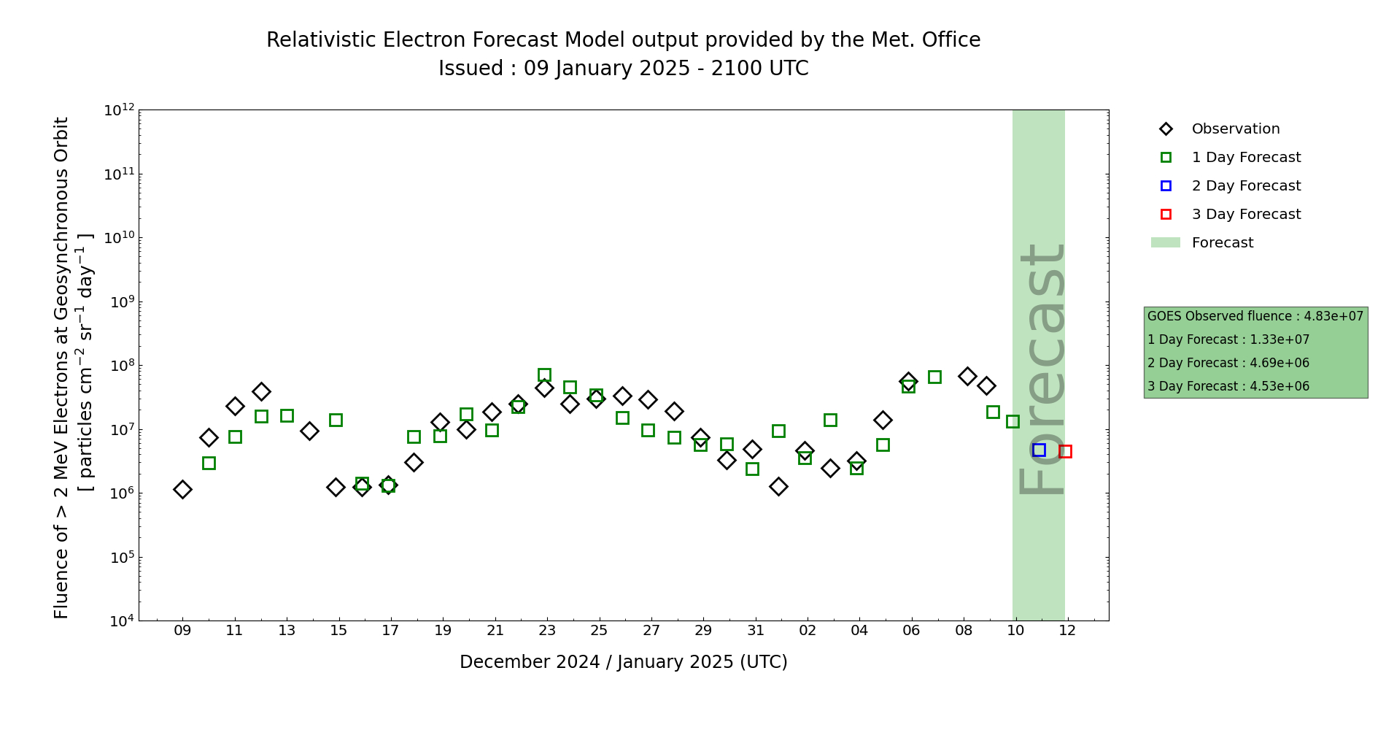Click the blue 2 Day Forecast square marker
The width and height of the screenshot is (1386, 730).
[1039, 450]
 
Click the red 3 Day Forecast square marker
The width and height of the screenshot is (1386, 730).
[1065, 451]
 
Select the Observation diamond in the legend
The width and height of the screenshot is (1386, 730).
[1166, 129]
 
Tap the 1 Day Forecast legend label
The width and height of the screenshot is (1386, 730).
[1246, 158]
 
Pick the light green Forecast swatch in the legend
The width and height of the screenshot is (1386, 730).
[1165, 242]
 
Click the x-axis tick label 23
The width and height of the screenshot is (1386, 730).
[547, 631]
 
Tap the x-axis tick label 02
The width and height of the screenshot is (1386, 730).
[808, 631]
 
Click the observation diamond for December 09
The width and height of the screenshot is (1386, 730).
[182, 489]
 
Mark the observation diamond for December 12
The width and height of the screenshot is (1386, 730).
[261, 392]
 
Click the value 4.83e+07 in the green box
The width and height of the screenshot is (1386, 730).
[1333, 317]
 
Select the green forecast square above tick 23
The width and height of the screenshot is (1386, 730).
[544, 374]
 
